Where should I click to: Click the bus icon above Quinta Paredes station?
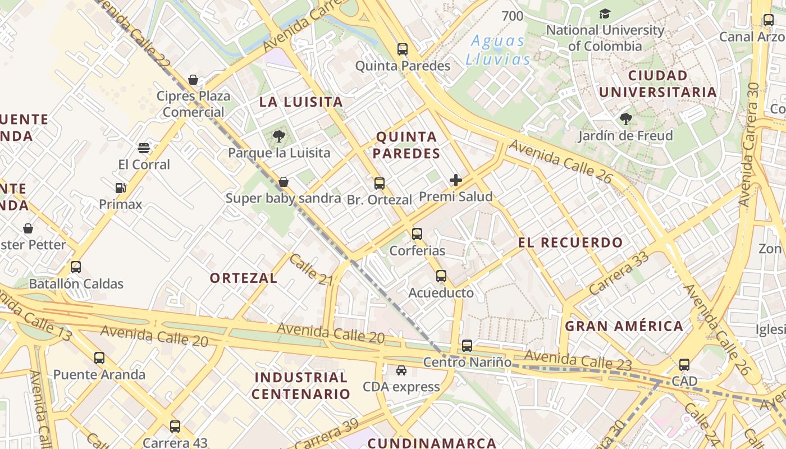click(403, 49)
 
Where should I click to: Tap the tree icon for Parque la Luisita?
click(278, 136)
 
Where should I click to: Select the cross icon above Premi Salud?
click(456, 180)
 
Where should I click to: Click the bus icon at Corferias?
click(417, 234)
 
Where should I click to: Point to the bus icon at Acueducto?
click(441, 276)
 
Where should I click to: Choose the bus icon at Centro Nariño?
click(467, 346)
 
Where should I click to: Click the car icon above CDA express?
click(401, 370)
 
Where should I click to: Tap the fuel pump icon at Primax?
click(120, 188)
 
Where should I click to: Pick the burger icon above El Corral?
click(144, 148)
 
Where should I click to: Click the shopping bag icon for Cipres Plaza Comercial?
click(193, 80)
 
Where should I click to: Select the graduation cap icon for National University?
click(605, 13)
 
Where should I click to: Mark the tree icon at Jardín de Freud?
click(625, 119)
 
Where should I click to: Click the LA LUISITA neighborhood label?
click(301, 102)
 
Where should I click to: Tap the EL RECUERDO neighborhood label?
click(570, 243)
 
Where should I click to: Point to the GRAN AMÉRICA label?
click(624, 326)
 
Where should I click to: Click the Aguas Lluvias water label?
click(498, 50)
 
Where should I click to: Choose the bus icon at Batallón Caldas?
click(76, 267)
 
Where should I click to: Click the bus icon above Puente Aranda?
click(99, 358)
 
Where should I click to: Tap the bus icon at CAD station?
click(684, 365)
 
